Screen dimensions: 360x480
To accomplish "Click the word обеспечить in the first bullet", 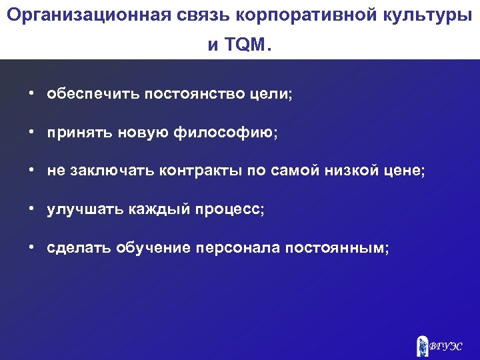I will [x=85, y=94].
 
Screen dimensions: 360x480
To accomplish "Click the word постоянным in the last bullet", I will [x=335, y=248].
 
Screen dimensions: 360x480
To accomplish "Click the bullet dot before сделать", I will [x=31, y=248].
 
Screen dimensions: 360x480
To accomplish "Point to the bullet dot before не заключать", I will [x=31, y=171].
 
